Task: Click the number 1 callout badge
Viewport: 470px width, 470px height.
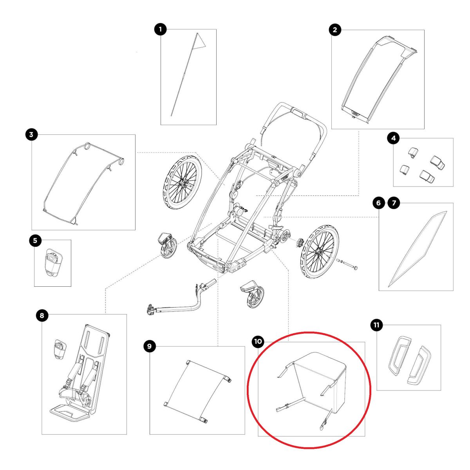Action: [x=160, y=29]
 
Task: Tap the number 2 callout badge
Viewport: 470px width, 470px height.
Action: [x=335, y=30]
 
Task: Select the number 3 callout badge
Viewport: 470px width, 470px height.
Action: [x=31, y=135]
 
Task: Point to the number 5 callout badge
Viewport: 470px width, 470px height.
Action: [x=35, y=240]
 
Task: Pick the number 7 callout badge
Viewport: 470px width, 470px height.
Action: [x=393, y=203]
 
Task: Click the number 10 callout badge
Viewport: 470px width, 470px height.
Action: [x=258, y=342]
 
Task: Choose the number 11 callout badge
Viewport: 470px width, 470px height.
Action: [x=377, y=325]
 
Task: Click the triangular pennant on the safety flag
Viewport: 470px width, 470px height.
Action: [x=200, y=41]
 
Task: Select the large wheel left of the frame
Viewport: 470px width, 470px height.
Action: [x=182, y=184]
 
